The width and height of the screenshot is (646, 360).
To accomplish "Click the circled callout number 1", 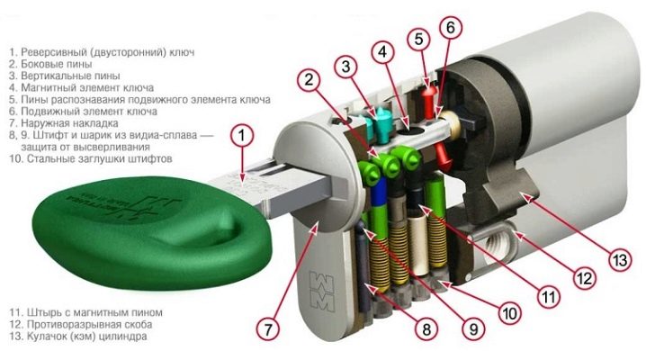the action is coord(242,136).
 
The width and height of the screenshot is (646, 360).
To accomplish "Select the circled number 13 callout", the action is coord(619,260).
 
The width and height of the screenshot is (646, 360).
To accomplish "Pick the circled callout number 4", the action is coord(382,52).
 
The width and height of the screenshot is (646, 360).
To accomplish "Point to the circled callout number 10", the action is coord(510,313).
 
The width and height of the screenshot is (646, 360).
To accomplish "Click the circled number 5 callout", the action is coord(418,40).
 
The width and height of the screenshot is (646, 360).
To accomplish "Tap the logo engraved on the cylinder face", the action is coord(322,291).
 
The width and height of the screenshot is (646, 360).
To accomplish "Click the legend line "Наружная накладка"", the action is coord(64,123).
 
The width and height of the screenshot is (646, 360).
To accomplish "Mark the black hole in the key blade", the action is coord(409,131).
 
